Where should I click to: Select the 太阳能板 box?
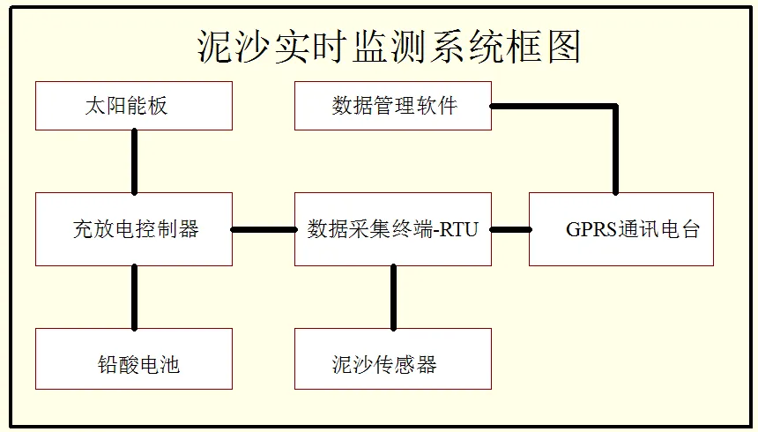tap(134, 106)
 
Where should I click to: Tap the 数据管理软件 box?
tap(393, 106)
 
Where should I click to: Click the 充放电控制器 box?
tap(134, 229)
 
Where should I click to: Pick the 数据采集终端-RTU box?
tap(393, 229)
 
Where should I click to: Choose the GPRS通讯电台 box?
tap(621, 229)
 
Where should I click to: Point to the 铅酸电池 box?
tap(134, 359)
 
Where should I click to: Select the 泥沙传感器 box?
tap(393, 359)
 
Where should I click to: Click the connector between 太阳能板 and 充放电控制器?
tap(134, 162)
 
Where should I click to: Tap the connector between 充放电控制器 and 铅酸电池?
tap(134, 297)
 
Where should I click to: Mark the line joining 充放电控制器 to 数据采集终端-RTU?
tap(264, 229)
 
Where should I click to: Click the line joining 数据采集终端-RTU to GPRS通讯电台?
tap(510, 229)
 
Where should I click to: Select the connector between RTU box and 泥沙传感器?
tap(393, 297)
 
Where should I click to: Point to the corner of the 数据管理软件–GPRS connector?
tap(615, 107)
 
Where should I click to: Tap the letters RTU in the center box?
tap(460, 230)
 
